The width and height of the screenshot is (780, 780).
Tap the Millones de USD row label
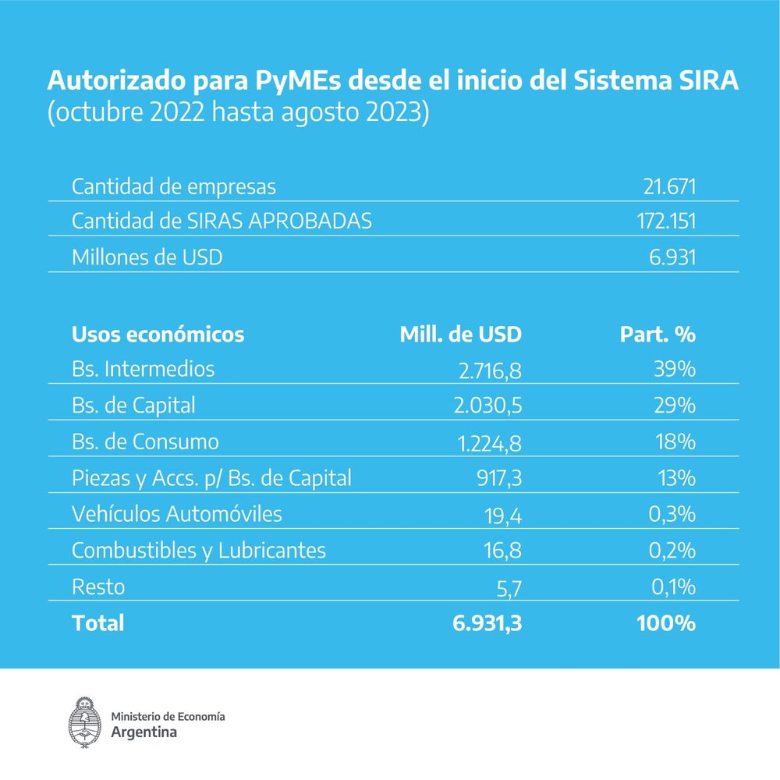click(147, 257)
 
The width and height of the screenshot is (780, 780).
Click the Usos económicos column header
click(158, 335)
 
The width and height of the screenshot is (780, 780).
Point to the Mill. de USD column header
click(460, 335)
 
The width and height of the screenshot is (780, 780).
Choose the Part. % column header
click(657, 335)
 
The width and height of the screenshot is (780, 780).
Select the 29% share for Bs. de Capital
click(674, 406)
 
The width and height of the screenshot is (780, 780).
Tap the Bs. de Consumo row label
click(145, 441)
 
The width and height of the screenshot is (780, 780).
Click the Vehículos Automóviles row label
click(176, 515)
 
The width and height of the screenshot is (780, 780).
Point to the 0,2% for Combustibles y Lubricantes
click(672, 551)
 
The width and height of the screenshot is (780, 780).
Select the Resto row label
click(97, 587)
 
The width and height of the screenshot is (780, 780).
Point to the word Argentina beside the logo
click(144, 732)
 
